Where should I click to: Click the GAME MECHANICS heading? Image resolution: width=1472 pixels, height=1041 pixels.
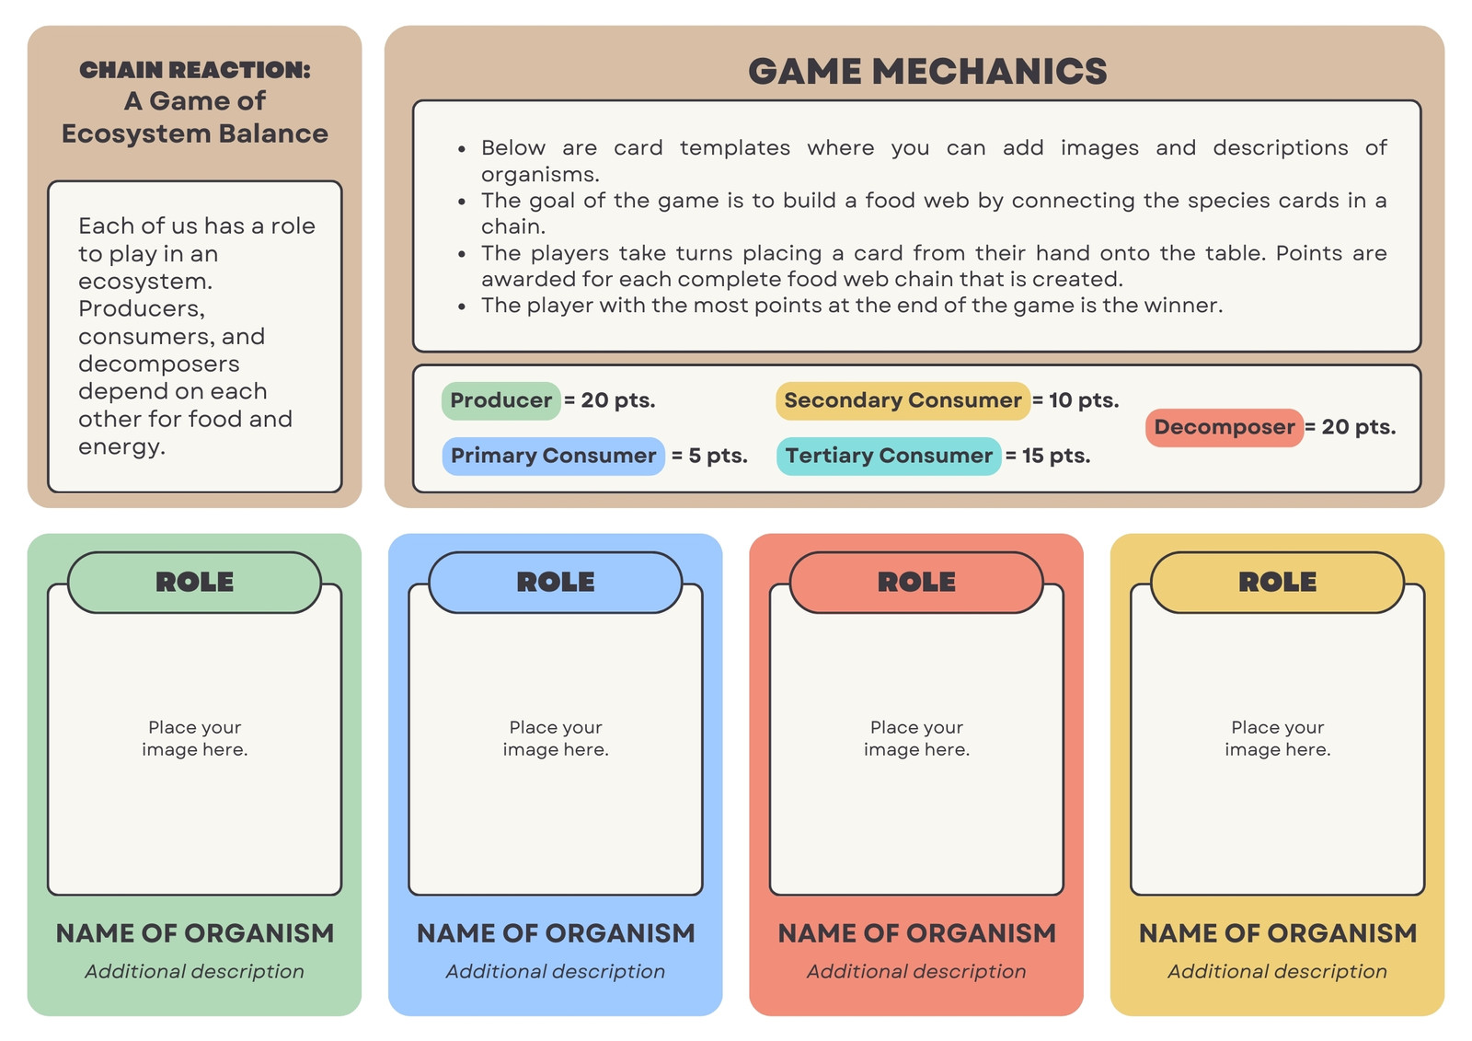click(927, 71)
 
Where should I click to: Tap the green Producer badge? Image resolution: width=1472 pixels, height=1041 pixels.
click(500, 400)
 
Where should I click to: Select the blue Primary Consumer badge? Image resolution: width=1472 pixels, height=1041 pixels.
click(553, 456)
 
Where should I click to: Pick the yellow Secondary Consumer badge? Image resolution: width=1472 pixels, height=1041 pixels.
click(903, 400)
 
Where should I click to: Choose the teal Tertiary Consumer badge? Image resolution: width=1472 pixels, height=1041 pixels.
click(889, 456)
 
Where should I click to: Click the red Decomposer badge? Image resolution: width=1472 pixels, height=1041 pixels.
click(1225, 427)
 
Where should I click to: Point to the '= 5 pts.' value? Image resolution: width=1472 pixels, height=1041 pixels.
click(709, 456)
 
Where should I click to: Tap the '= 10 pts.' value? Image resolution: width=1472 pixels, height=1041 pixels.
click(1075, 400)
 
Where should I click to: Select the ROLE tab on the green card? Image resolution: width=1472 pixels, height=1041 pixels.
click(194, 582)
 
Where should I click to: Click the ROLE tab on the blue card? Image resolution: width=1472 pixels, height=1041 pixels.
click(556, 582)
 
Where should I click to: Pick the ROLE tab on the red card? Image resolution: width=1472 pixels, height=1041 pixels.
click(916, 582)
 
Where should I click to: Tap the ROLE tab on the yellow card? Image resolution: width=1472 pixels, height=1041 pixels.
click(1278, 582)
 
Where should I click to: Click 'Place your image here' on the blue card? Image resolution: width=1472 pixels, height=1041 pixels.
click(556, 738)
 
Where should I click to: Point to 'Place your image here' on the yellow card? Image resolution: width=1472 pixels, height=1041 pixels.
click(1278, 738)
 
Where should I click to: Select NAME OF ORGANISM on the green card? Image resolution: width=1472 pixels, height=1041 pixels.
click(194, 933)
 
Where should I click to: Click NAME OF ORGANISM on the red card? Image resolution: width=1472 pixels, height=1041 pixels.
click(916, 933)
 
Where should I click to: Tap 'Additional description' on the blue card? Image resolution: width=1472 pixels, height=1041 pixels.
click(556, 971)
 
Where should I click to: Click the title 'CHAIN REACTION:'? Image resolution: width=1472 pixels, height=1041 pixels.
click(194, 70)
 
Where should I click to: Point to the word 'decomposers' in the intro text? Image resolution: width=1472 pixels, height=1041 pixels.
click(159, 364)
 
